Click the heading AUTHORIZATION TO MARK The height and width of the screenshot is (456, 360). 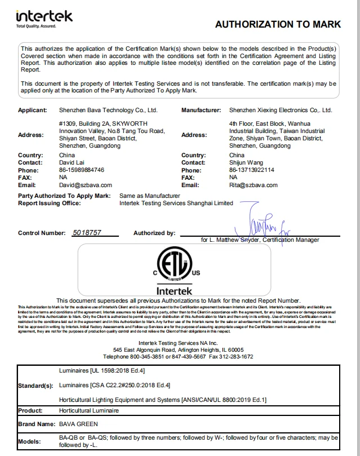pos(278,24)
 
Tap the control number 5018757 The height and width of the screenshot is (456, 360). pos(87,232)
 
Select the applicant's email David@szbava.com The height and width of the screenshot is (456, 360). pos(85,185)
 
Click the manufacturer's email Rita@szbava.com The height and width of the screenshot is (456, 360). pos(254,185)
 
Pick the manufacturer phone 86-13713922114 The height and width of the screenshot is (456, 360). pos(252,170)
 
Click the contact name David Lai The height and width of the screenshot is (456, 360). pos(72,162)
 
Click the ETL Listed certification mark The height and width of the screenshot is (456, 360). pos(174,268)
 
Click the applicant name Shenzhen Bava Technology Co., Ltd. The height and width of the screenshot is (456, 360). pos(108,110)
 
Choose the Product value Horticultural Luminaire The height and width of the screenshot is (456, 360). pos(89,411)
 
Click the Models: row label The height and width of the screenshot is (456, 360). pos(30,441)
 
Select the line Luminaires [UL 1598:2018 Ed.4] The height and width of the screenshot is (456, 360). pos(102,371)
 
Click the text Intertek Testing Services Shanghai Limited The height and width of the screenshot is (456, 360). pos(176,203)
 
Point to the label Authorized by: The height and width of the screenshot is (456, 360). pos(154,233)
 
